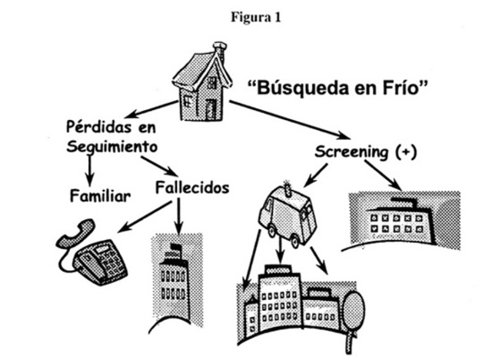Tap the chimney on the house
coord(219,52)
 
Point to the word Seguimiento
coord(112,146)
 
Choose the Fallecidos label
coord(192,186)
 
